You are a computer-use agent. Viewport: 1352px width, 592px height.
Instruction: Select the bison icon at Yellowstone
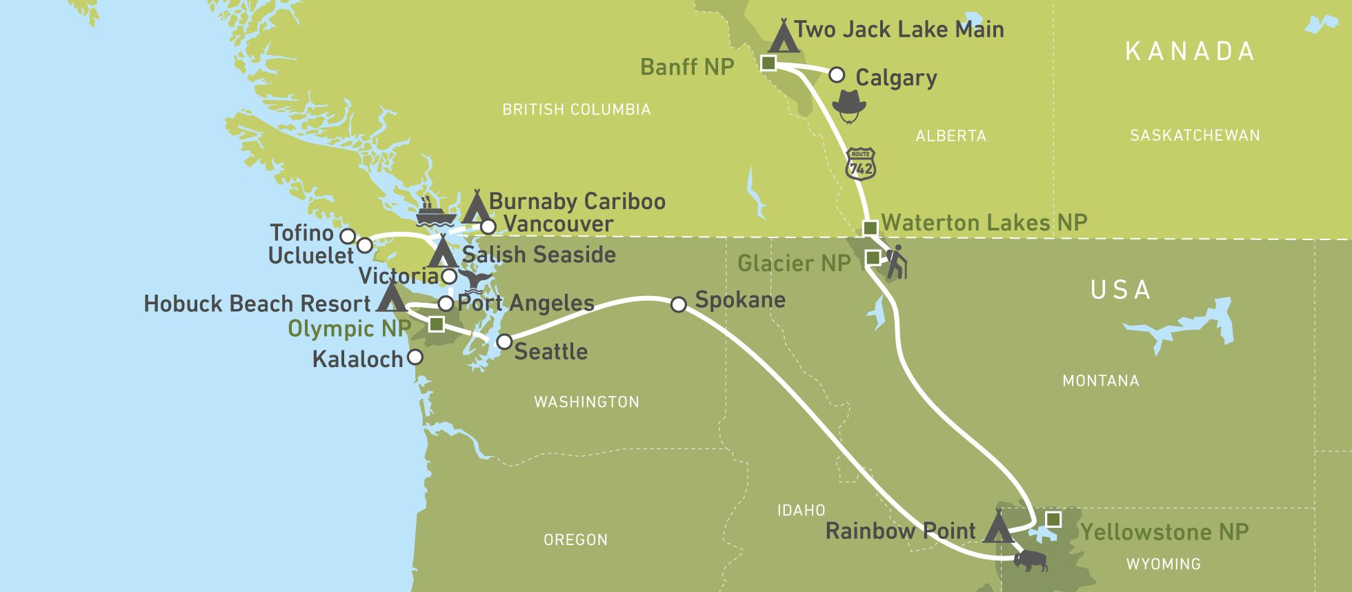[x=1030, y=560]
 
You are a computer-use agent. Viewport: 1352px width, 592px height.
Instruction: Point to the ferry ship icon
[x=433, y=213]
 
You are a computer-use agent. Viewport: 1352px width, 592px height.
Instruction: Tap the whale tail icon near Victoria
[x=477, y=280]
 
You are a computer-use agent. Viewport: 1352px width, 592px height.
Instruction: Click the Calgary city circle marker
[x=836, y=75]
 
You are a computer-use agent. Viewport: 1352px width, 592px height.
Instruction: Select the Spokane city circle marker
[x=679, y=304]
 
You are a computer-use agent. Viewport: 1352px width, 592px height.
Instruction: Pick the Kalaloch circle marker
[x=415, y=357]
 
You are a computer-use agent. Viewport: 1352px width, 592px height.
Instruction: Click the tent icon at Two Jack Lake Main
[x=784, y=37]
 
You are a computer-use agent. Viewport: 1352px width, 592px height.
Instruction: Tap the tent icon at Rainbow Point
[x=997, y=528]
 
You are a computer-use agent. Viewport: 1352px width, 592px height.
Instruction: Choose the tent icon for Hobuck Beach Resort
[x=391, y=297]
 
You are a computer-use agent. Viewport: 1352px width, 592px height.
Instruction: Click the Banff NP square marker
[x=768, y=63]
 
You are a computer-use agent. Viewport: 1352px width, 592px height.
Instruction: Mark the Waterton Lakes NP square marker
[x=871, y=228]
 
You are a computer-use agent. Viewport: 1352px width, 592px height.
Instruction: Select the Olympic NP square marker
[x=436, y=324]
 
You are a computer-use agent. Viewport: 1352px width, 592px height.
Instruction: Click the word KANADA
[x=1190, y=52]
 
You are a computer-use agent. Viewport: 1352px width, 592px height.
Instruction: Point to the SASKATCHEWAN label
[x=1195, y=136]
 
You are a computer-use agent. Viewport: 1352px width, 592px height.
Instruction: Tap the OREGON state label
[x=575, y=540]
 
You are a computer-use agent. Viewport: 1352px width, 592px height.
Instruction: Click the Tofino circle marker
[x=348, y=237]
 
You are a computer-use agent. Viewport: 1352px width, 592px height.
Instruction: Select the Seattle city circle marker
[x=504, y=342]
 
